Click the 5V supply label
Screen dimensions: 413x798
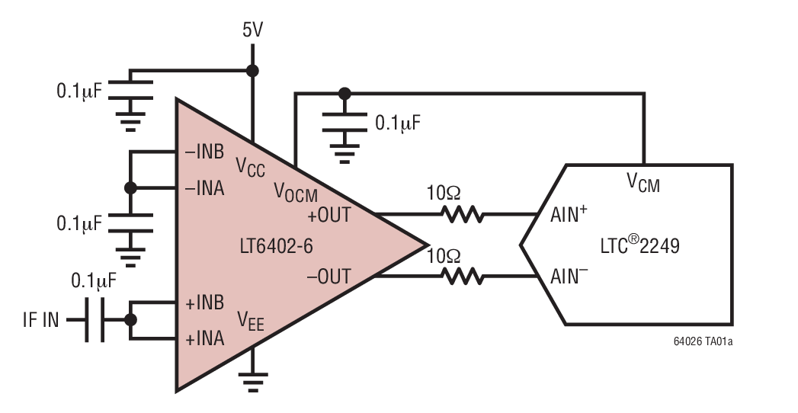pos(253,30)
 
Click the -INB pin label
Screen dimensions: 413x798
pos(204,151)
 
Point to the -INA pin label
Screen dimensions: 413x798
pos(204,187)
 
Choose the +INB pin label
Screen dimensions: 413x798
pos(205,303)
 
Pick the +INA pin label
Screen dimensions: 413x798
pos(205,338)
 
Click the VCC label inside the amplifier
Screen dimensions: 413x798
pos(251,166)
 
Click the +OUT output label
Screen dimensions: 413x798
pos(329,215)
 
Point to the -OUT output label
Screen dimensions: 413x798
pos(329,276)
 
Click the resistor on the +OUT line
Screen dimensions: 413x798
pos(463,215)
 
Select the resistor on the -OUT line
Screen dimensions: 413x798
pos(463,276)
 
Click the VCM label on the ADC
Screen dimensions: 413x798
pos(643,183)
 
